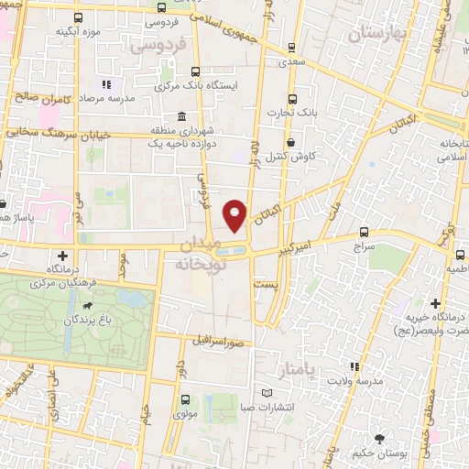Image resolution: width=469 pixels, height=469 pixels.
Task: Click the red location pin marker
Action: coord(235,214)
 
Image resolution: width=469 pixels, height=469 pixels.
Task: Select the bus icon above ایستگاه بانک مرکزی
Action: coord(195,71)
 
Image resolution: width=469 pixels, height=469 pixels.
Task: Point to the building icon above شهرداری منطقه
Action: coord(182,118)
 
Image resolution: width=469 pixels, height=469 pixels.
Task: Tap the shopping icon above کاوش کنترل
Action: coord(291,143)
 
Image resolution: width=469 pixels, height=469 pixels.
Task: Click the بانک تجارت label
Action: coord(292,114)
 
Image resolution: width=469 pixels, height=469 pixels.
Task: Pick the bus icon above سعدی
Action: coord(291,48)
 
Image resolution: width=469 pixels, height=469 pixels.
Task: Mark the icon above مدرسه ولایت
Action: coord(354,366)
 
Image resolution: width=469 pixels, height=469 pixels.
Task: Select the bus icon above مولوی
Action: coord(186,399)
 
